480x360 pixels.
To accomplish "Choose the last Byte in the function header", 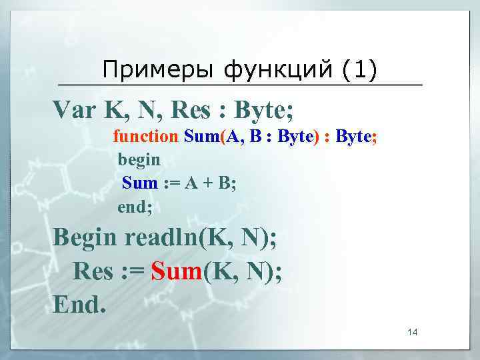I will tap(353, 137).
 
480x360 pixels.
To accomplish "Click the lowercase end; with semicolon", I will tap(135, 207).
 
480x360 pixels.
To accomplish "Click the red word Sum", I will tap(176, 271).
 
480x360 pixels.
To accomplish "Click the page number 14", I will tap(413, 333).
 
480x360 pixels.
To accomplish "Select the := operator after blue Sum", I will tap(173, 183).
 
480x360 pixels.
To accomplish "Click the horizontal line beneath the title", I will tap(240, 85).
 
